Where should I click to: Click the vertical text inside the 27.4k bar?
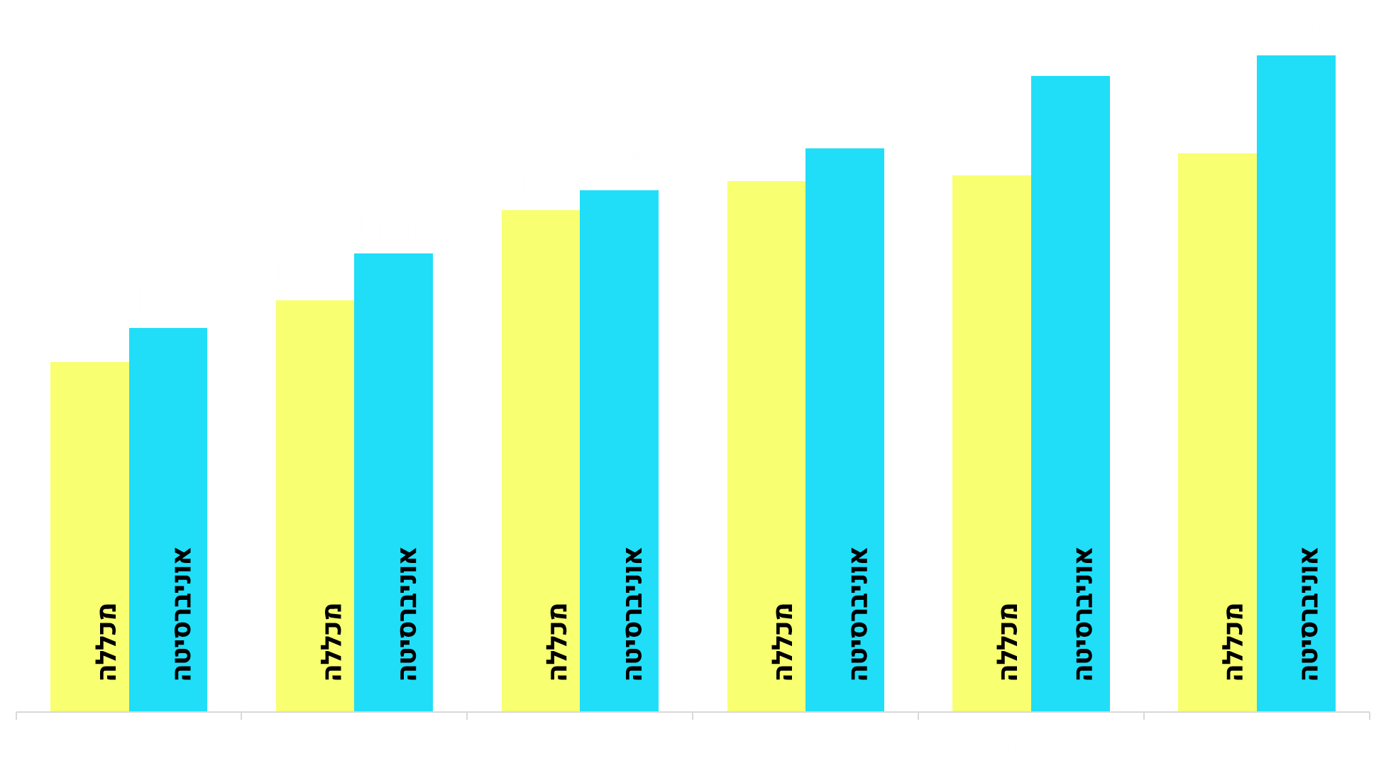[x=1084, y=614]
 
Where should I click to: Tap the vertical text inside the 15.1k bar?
[x=106, y=642]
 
